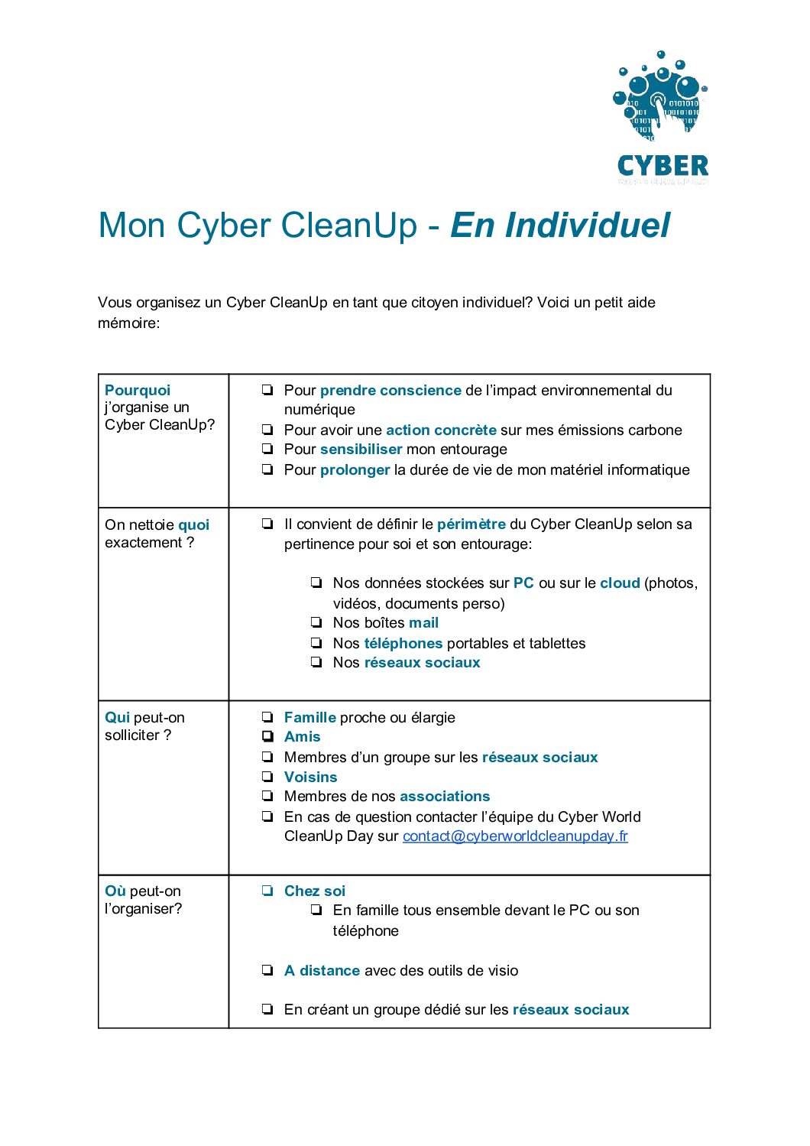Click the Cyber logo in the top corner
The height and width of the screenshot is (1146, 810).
pos(663,118)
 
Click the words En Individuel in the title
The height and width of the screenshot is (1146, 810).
pos(560,226)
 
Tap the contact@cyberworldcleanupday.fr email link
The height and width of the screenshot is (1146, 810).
pos(515,836)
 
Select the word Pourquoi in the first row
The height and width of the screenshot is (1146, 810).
pos(138,391)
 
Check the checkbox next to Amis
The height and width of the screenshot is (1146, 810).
pos(267,737)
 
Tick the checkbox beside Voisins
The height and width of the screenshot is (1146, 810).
pos(267,777)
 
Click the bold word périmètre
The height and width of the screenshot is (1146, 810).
pos(471,524)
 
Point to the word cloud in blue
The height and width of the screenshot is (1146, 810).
pos(620,583)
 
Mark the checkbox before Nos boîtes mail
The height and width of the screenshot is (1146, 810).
pos(316,623)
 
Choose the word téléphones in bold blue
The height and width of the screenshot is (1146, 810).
pos(403,644)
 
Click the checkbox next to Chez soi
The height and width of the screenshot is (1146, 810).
pos(267,891)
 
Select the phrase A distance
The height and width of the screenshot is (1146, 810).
pos(322,971)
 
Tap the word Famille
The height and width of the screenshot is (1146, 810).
pos(309,718)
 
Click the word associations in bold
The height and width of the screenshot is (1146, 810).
pos(444,797)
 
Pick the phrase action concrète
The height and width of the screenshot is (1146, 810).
pos(441,430)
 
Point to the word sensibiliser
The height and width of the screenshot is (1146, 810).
pos(361,450)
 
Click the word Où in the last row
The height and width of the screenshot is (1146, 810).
pos(115,891)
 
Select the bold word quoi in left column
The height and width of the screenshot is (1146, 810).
pos(193,525)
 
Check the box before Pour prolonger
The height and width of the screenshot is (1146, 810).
pos(267,469)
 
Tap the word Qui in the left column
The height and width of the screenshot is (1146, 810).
pos(117,718)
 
